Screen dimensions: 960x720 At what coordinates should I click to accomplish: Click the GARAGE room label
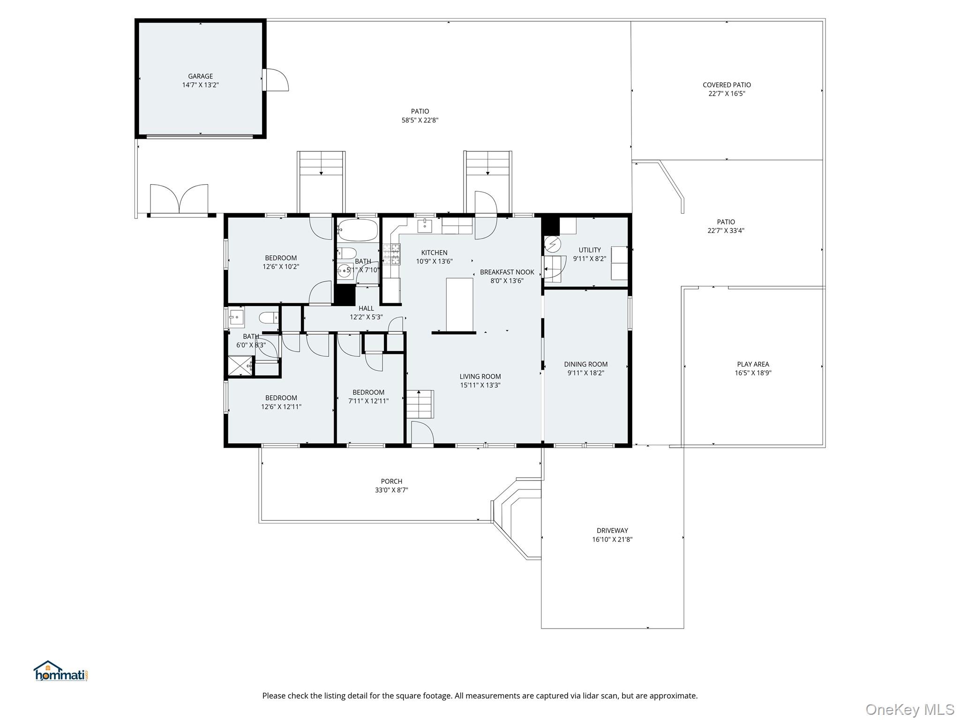tap(201, 76)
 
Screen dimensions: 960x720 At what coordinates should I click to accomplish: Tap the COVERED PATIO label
tap(727, 85)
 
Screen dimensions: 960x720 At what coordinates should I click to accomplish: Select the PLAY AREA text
tap(753, 364)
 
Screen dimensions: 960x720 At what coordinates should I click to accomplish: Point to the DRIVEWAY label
tap(612, 531)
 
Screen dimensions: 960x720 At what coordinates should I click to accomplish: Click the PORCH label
tap(391, 481)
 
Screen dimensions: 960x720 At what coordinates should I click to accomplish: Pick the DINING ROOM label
tap(586, 364)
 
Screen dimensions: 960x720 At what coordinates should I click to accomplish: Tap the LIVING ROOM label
tap(480, 376)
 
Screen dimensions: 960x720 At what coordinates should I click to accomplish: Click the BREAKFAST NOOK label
tap(507, 272)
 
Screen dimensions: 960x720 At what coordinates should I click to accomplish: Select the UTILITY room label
tap(590, 250)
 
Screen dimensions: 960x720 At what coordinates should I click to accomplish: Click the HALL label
tap(366, 308)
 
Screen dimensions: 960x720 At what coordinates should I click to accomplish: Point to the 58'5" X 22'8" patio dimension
tap(420, 120)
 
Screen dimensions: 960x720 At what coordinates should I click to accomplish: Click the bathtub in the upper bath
tap(358, 230)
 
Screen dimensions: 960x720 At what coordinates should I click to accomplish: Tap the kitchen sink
tap(425, 225)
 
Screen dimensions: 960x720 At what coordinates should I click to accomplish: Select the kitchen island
tap(459, 305)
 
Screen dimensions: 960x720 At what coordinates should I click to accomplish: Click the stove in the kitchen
tap(391, 255)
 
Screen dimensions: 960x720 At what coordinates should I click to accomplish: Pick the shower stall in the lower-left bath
tap(240, 366)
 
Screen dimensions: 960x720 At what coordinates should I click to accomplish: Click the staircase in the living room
tap(420, 404)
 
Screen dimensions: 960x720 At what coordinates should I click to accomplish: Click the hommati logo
tap(61, 671)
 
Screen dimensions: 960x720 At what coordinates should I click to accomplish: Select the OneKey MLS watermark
tap(909, 710)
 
